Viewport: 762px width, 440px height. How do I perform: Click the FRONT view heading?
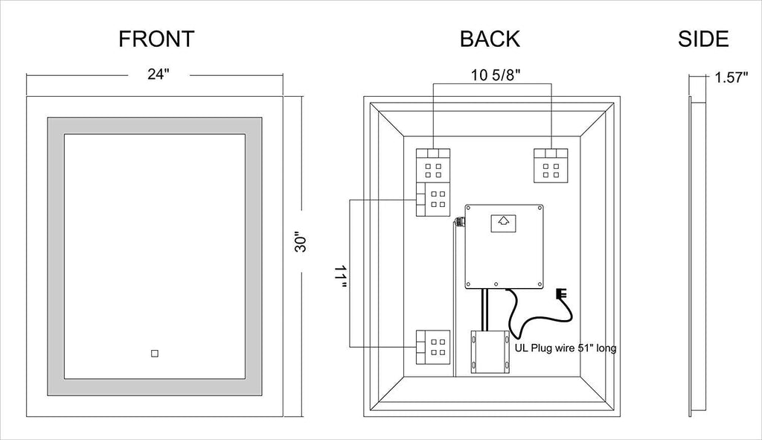pos(156,39)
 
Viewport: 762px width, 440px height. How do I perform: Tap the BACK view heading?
pos(490,39)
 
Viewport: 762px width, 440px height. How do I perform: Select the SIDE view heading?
pos(703,39)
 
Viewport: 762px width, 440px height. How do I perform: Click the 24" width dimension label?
pos(159,74)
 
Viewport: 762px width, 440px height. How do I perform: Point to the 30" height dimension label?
pos(301,243)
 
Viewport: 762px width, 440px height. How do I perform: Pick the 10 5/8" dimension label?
pos(496,75)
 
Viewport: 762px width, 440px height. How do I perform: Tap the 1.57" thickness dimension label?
pos(731,77)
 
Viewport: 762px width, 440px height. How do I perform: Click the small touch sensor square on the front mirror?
pos(155,354)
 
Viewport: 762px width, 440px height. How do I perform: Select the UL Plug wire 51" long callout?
pos(566,348)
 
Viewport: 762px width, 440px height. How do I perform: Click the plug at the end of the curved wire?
pos(563,295)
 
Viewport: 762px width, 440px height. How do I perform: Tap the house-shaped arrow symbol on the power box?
pos(503,223)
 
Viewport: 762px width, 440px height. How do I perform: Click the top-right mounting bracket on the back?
pos(551,166)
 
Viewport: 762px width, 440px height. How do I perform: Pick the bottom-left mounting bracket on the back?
pos(433,348)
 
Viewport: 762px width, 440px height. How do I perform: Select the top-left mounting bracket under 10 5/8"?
pos(433,165)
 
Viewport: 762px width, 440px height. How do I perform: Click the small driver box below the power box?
pos(490,352)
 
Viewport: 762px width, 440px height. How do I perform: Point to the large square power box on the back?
pos(504,246)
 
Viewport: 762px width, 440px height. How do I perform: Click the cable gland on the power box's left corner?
pos(459,222)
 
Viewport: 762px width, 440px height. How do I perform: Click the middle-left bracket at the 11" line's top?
pos(433,200)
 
